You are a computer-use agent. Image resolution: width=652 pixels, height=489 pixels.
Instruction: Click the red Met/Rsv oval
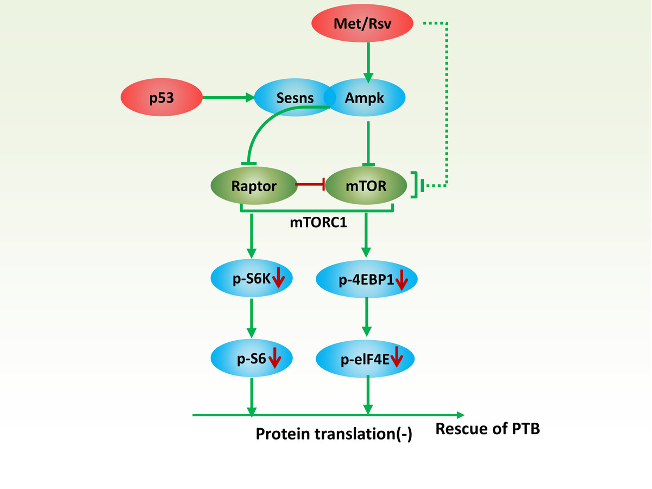(x=363, y=24)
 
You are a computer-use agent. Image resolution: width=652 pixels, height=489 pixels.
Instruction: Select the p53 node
(x=161, y=98)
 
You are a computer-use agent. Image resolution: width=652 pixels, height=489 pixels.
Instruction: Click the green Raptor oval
(x=254, y=186)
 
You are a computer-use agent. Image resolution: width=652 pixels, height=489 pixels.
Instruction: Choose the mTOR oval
(x=367, y=186)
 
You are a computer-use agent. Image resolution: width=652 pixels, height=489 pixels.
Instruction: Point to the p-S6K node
(x=251, y=279)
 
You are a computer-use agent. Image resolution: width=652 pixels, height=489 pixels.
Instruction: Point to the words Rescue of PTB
(x=488, y=429)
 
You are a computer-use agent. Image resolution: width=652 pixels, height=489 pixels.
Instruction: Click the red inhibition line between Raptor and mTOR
(x=310, y=186)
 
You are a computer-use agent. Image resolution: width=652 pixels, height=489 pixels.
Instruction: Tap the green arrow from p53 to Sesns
(x=228, y=98)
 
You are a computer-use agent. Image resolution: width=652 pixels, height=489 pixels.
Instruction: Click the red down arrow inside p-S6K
(x=278, y=277)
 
